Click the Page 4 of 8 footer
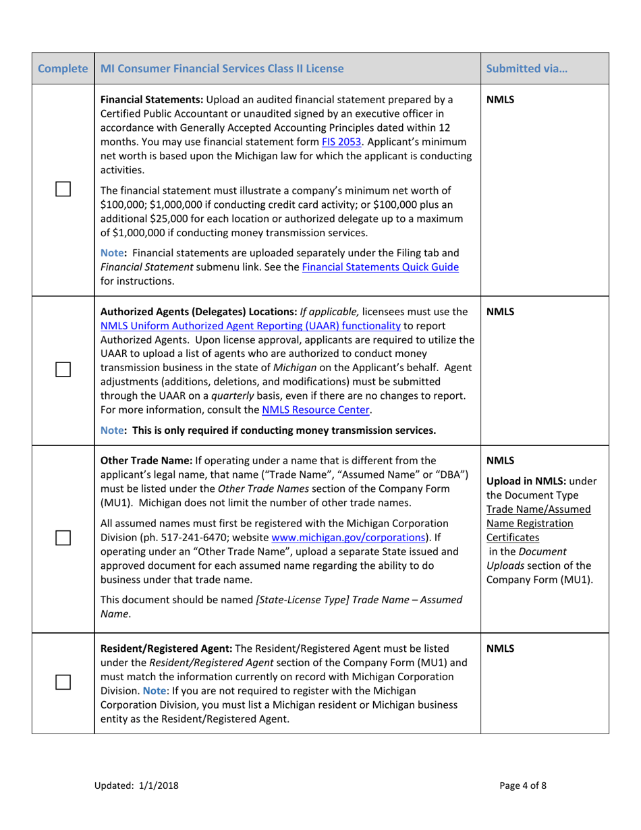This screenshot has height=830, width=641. (524, 785)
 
